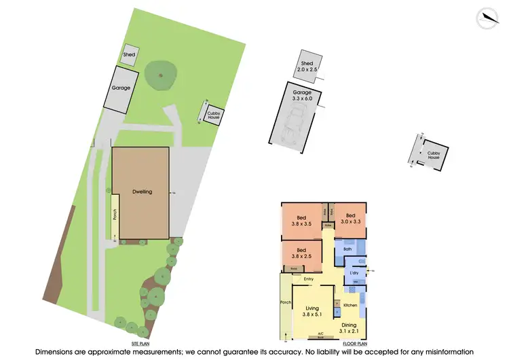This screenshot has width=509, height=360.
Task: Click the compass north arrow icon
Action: pyautogui.click(x=487, y=18)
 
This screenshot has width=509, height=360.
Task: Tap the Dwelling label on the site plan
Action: pyautogui.click(x=142, y=192)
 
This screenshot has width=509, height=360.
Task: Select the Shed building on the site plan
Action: pyautogui.click(x=128, y=54)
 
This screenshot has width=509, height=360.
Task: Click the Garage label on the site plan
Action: pyautogui.click(x=121, y=88)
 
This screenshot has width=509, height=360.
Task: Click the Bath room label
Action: pyautogui.click(x=347, y=249)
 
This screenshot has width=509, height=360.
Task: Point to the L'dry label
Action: pyautogui.click(x=354, y=273)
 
